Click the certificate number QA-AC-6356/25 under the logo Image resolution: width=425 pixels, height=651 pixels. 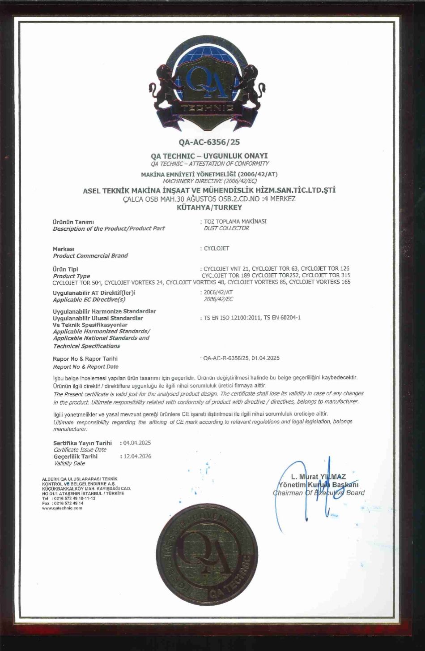click(x=209, y=142)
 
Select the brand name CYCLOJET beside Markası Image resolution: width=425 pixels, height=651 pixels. click(x=217, y=249)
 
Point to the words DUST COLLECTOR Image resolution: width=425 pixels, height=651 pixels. click(x=226, y=228)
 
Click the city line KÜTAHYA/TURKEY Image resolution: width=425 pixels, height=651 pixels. click(x=209, y=207)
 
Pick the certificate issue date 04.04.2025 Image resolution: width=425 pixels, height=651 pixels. click(x=137, y=443)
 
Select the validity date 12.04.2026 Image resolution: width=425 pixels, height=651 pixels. click(x=137, y=456)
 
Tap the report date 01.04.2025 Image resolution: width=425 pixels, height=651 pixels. click(x=266, y=358)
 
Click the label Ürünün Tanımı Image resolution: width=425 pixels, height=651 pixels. click(x=73, y=221)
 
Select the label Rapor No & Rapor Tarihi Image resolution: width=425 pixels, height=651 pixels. click(x=85, y=358)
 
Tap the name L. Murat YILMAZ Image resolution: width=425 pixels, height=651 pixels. click(x=318, y=477)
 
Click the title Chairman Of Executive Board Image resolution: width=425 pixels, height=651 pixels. click(x=319, y=493)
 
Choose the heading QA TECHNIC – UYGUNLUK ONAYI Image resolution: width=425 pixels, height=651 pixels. click(x=209, y=155)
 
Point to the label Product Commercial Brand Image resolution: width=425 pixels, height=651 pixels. click(x=90, y=256)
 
